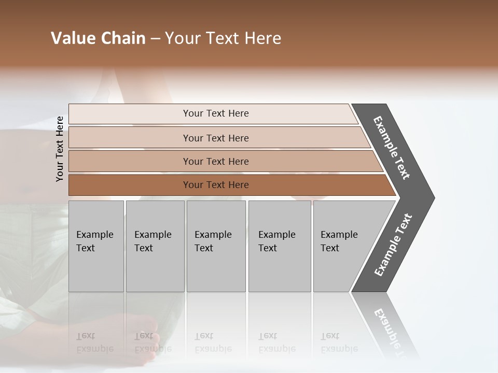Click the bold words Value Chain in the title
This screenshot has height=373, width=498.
(98, 38)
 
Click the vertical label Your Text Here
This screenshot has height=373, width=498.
(60, 149)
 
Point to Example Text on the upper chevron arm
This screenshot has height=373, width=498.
(392, 148)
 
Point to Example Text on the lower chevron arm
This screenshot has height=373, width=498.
(393, 245)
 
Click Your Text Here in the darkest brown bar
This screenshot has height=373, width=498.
(216, 185)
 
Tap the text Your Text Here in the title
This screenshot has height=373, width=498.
(223, 38)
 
